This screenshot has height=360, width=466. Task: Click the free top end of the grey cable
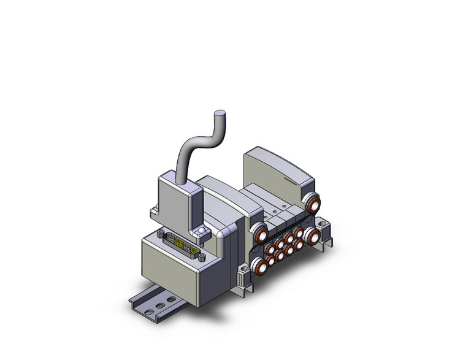pyautogui.click(x=219, y=114)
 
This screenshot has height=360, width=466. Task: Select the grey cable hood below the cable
pyautogui.click(x=178, y=196)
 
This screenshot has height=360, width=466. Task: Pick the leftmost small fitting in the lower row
pyautogui.click(x=272, y=261)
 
